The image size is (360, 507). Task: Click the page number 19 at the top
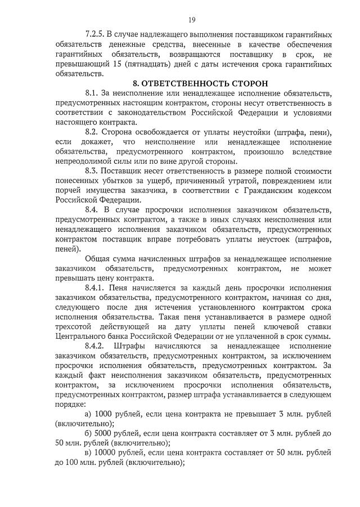point(192,20)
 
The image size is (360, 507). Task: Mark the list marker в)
point(88,452)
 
